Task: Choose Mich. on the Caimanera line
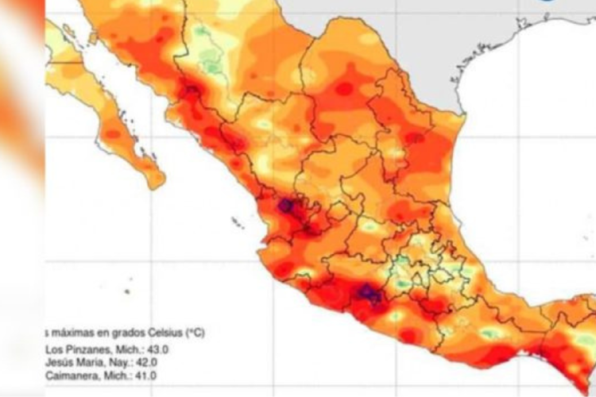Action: click(x=118, y=376)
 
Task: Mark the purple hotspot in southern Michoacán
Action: click(x=366, y=293)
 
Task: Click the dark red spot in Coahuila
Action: click(x=343, y=89)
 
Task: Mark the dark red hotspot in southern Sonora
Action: click(x=192, y=93)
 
